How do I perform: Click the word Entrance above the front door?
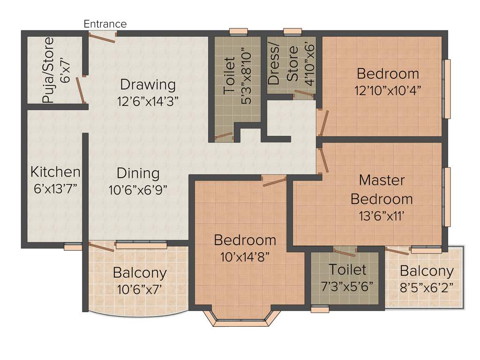(105, 24)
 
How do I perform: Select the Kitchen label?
(55, 172)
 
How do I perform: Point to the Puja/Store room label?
(48, 70)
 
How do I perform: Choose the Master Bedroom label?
(382, 189)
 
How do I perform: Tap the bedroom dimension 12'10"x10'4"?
(388, 90)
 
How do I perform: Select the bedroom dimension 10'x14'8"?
(245, 257)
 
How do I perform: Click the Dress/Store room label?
(283, 65)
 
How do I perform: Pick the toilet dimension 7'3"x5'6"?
(347, 286)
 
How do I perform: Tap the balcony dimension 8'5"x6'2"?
(427, 287)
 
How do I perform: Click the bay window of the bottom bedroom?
(242, 318)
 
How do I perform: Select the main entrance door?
(103, 37)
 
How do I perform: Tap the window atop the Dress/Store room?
(292, 32)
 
